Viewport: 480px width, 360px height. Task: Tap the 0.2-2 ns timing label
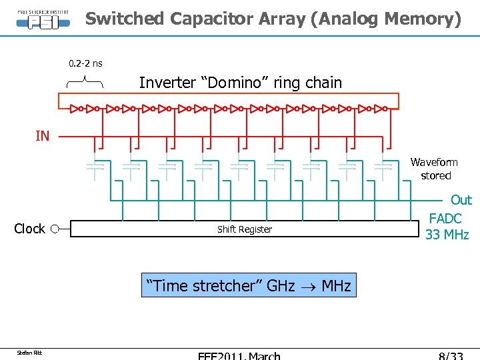coord(85,63)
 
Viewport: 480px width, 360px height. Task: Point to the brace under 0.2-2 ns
coord(85,82)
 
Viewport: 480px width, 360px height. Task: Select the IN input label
coord(42,136)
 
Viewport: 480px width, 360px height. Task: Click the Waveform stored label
coord(434,169)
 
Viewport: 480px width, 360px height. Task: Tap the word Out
coord(461,200)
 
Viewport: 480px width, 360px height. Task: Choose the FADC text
coord(445,218)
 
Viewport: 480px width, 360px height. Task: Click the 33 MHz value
coord(447,235)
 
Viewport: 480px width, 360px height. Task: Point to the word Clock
coord(29,229)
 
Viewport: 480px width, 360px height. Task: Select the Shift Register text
coord(245,229)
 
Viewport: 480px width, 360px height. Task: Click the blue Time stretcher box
coord(248,286)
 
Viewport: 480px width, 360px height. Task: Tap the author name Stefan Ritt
coord(30,352)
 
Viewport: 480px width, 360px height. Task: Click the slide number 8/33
coord(447,356)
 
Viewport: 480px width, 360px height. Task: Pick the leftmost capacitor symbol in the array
coord(95,167)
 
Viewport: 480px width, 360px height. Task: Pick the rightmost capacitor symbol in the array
coord(383,167)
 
